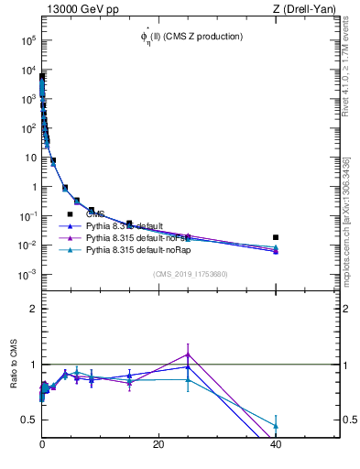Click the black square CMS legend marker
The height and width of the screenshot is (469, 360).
(70, 214)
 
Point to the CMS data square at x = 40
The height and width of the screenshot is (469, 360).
(276, 237)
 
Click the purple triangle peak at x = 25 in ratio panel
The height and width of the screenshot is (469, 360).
(188, 354)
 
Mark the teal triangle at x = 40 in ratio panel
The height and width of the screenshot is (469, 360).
(276, 426)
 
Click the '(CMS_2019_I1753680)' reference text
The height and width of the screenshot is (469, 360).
(191, 274)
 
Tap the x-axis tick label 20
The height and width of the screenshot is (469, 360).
(158, 445)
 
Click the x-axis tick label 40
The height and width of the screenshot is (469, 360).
(276, 445)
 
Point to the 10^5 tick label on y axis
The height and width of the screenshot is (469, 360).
(27, 40)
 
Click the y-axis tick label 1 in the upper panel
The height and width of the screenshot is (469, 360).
(33, 187)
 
